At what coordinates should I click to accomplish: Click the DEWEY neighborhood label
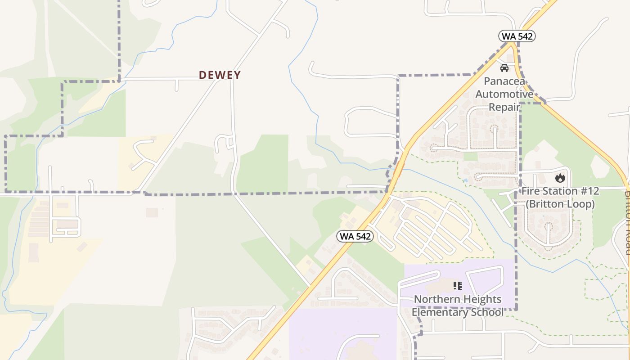[x=220, y=75]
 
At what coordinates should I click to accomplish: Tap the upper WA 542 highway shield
[x=517, y=36]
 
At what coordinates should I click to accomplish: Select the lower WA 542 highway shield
[x=355, y=236]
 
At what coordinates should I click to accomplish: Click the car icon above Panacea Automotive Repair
[x=504, y=68]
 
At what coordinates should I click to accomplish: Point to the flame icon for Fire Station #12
[x=560, y=178]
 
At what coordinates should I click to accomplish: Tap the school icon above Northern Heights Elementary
[x=458, y=285]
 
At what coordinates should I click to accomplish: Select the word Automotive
[x=504, y=94]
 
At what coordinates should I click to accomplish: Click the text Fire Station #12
[x=560, y=191]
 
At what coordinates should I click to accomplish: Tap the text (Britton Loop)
[x=560, y=204]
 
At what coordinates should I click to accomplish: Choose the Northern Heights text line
[x=458, y=299]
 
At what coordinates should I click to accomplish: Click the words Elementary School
[x=458, y=312]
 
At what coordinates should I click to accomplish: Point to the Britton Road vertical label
[x=627, y=223]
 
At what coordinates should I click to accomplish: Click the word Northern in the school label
[x=433, y=299]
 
